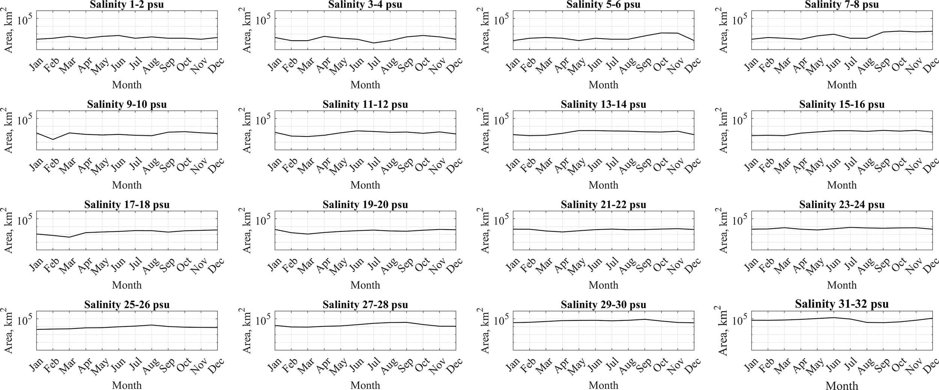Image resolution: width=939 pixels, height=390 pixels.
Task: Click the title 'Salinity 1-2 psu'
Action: pos(127,5)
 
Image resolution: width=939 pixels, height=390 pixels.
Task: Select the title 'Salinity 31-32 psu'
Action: pos(842,304)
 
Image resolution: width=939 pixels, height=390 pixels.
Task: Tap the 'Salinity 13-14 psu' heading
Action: pos(603,104)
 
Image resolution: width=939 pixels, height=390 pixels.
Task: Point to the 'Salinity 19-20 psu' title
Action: pos(365,205)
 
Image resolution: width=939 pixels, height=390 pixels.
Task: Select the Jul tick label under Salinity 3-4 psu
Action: pos(374,65)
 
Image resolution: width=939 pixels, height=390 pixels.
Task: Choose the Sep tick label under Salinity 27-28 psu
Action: pos(406,366)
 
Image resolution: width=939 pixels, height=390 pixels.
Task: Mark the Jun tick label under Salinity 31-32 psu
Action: pos(833,366)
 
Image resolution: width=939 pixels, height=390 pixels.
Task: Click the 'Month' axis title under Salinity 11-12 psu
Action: pos(365,185)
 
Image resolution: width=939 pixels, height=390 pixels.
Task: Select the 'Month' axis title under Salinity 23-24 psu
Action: pos(842,285)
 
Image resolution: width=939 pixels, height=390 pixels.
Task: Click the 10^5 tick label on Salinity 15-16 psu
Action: pos(740,120)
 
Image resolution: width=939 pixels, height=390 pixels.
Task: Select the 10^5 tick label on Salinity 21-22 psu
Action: pos(501,221)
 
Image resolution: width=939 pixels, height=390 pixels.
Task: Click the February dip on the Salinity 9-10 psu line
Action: pos(53,139)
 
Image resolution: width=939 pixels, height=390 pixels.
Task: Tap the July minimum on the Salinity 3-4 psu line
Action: pos(373,43)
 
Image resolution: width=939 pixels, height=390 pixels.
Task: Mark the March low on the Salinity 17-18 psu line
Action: pos(69,237)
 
